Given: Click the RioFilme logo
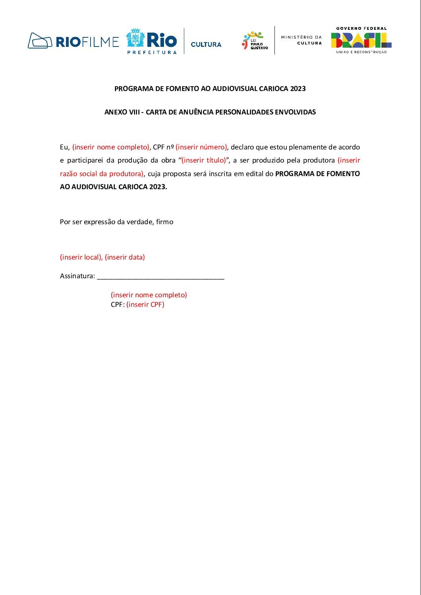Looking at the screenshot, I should (x=73, y=41).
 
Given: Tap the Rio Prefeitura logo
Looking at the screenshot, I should (x=152, y=41).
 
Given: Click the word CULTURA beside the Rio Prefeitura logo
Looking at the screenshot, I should (x=206, y=45).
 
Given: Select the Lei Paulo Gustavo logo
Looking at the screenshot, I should (x=255, y=41).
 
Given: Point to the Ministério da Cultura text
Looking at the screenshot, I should (x=301, y=40).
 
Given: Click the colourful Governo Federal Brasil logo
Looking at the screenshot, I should (x=361, y=40).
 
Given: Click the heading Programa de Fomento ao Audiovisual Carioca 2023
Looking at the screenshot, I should (x=210, y=89).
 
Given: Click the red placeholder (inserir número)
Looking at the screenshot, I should (x=201, y=147).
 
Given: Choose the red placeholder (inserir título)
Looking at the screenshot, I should (x=204, y=160).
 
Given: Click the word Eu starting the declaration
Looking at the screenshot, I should (x=64, y=147).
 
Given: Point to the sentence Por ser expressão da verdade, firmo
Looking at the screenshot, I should (x=116, y=222).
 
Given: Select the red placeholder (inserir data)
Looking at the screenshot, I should (x=125, y=257).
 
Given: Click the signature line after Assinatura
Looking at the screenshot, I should (x=160, y=277).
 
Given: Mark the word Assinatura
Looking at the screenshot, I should (x=77, y=276).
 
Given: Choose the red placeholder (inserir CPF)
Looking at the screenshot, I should (x=145, y=304).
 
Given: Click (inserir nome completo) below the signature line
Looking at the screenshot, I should (x=149, y=295).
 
